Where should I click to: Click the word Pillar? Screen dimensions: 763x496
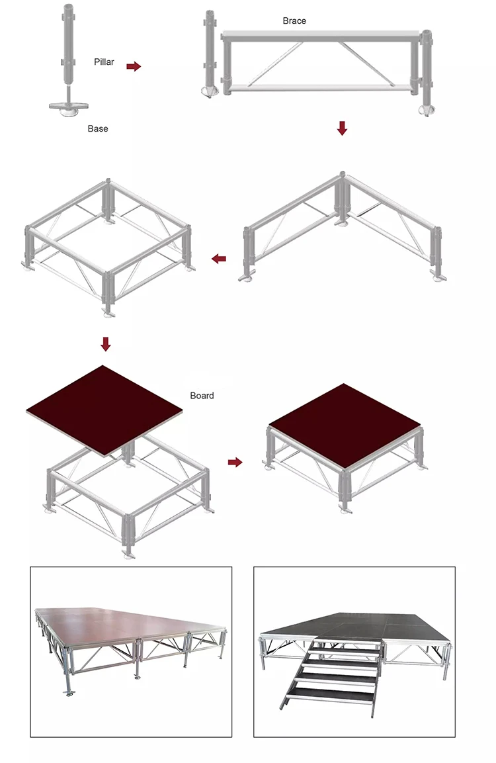(104, 62)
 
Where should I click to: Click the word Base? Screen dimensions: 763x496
(98, 128)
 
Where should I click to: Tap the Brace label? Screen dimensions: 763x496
(294, 21)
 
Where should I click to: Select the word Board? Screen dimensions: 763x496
(202, 396)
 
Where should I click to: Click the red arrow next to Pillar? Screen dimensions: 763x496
(134, 66)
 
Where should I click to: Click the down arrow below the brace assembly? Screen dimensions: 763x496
(342, 128)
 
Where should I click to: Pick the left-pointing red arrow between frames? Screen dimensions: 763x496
(219, 259)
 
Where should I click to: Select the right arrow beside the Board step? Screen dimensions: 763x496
(235, 462)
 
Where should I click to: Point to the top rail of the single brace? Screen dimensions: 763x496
(321, 35)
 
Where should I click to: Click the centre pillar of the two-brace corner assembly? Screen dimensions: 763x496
(341, 199)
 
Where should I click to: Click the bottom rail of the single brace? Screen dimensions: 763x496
(321, 88)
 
